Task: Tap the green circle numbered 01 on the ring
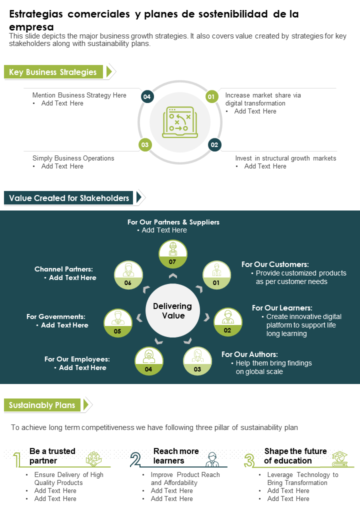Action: click(x=211, y=97)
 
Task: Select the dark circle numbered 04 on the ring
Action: click(x=147, y=97)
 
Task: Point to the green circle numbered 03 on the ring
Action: click(x=145, y=144)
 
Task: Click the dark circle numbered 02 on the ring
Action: click(x=214, y=144)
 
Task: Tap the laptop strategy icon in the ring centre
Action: click(x=180, y=122)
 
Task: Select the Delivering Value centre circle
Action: click(x=172, y=310)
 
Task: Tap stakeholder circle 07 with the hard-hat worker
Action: click(x=172, y=254)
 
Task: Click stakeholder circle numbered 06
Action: click(x=128, y=275)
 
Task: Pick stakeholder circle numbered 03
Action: click(x=197, y=361)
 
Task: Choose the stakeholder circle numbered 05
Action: click(x=117, y=323)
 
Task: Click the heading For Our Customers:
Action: click(x=275, y=264)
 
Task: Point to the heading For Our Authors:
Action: click(x=249, y=354)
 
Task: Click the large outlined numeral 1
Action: click(x=17, y=460)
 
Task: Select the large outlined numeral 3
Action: click(x=249, y=460)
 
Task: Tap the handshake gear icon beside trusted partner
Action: click(x=94, y=459)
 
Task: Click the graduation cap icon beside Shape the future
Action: click(x=339, y=458)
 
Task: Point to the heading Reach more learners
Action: click(x=176, y=456)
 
